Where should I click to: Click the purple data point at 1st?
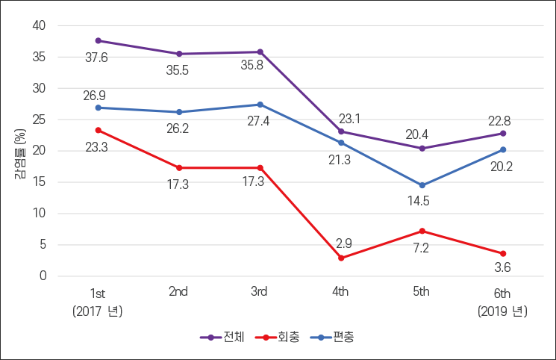[x=98, y=40]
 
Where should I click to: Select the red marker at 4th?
[x=341, y=258]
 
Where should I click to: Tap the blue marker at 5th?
[x=422, y=185]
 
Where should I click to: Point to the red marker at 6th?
[x=503, y=253]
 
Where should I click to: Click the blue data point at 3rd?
[x=260, y=105]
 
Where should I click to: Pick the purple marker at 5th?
[x=422, y=148]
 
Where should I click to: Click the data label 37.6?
[x=96, y=58]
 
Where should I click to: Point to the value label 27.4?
[x=259, y=121]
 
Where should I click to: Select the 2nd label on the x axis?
[x=178, y=292]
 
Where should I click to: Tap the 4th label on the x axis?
[x=340, y=292]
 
